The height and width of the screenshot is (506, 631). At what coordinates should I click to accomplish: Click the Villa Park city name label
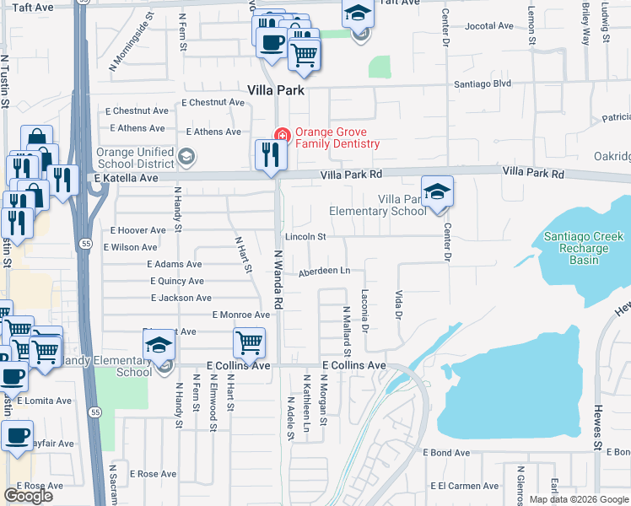coord(275,89)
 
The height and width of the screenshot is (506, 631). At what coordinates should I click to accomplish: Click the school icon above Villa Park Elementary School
coord(437,191)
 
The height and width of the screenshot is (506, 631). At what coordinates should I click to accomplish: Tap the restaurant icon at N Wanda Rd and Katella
coord(271,155)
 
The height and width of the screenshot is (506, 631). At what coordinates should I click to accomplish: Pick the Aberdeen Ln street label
coord(323,271)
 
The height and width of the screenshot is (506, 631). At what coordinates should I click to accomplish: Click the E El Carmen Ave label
coord(464,486)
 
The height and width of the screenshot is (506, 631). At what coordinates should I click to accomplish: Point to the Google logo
coord(28,496)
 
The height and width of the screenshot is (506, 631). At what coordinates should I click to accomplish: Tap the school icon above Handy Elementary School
coord(158,346)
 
